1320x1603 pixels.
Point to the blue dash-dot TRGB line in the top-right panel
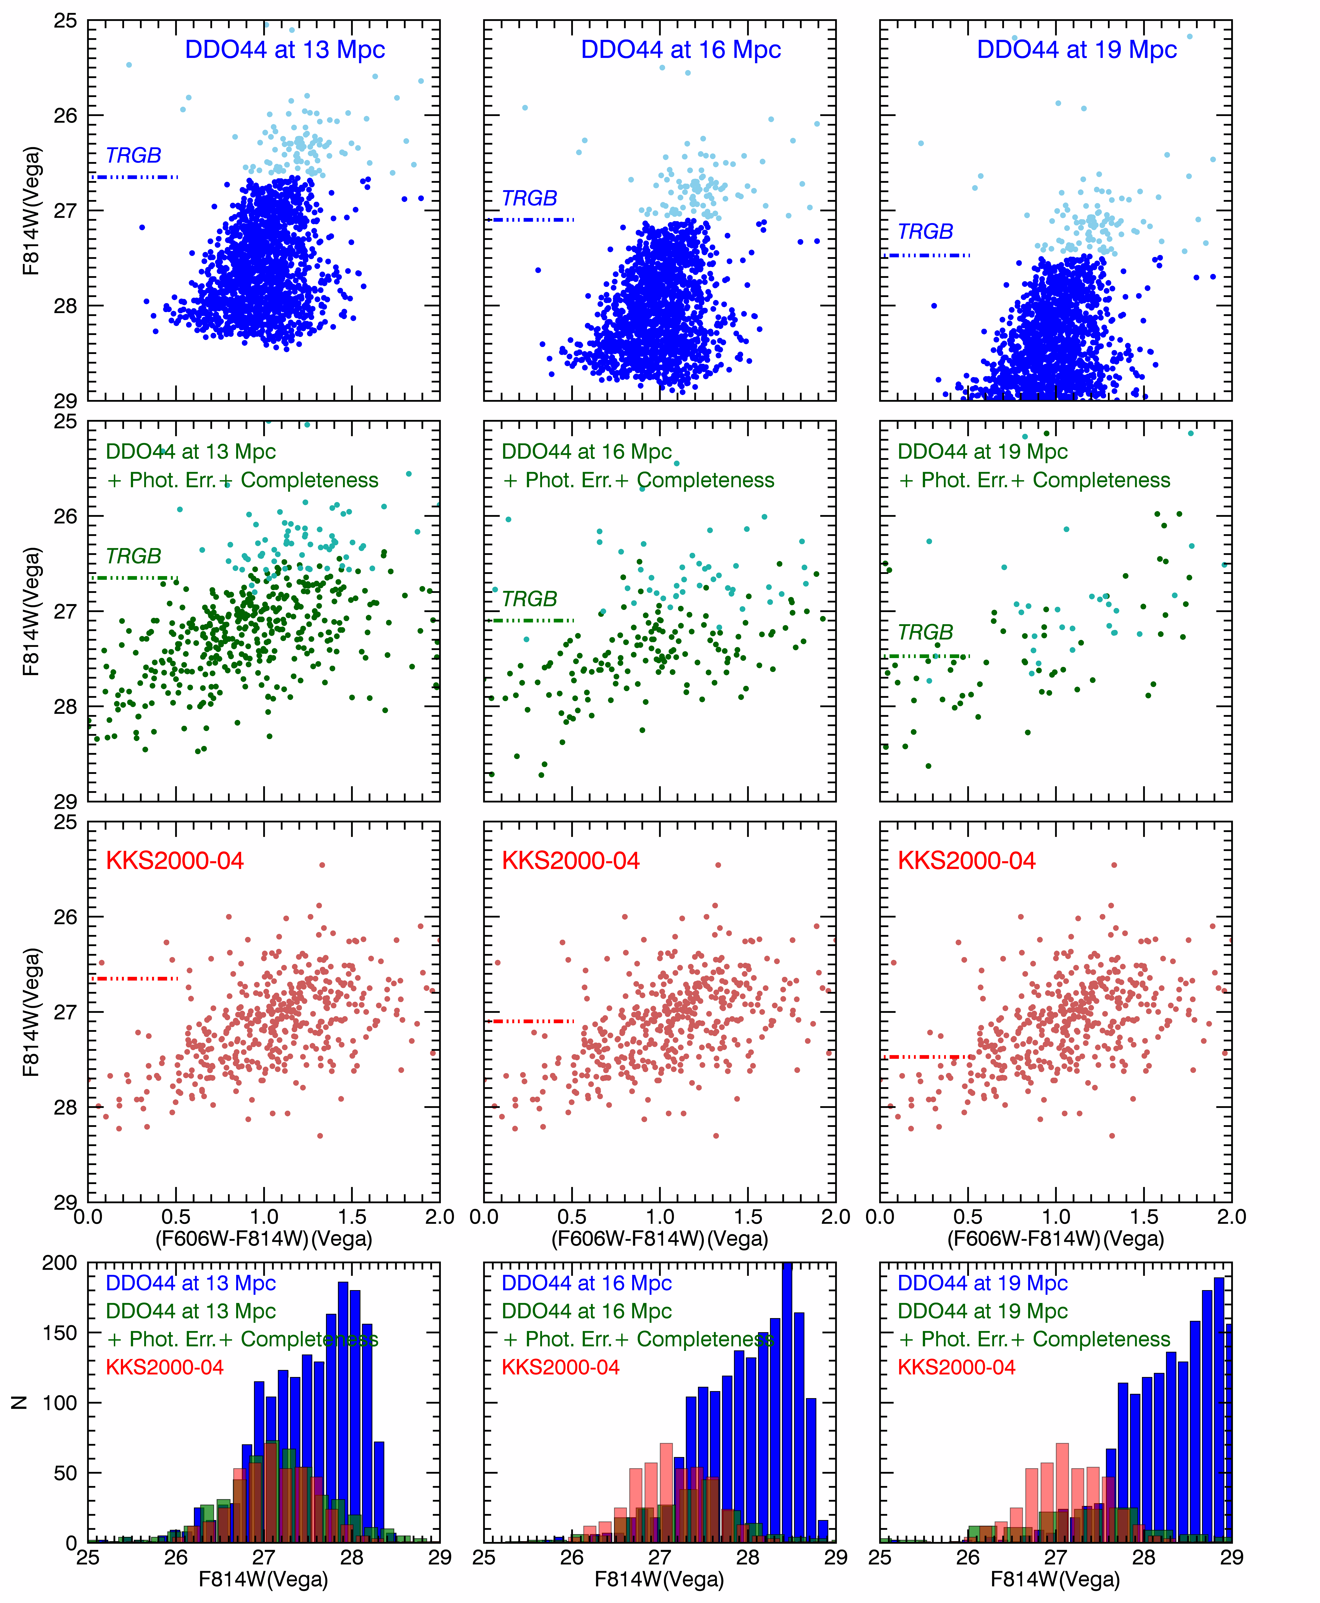click(929, 256)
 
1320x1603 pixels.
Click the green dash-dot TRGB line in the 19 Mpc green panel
click(929, 656)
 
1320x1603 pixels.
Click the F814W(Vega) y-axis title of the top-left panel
click(30, 211)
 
